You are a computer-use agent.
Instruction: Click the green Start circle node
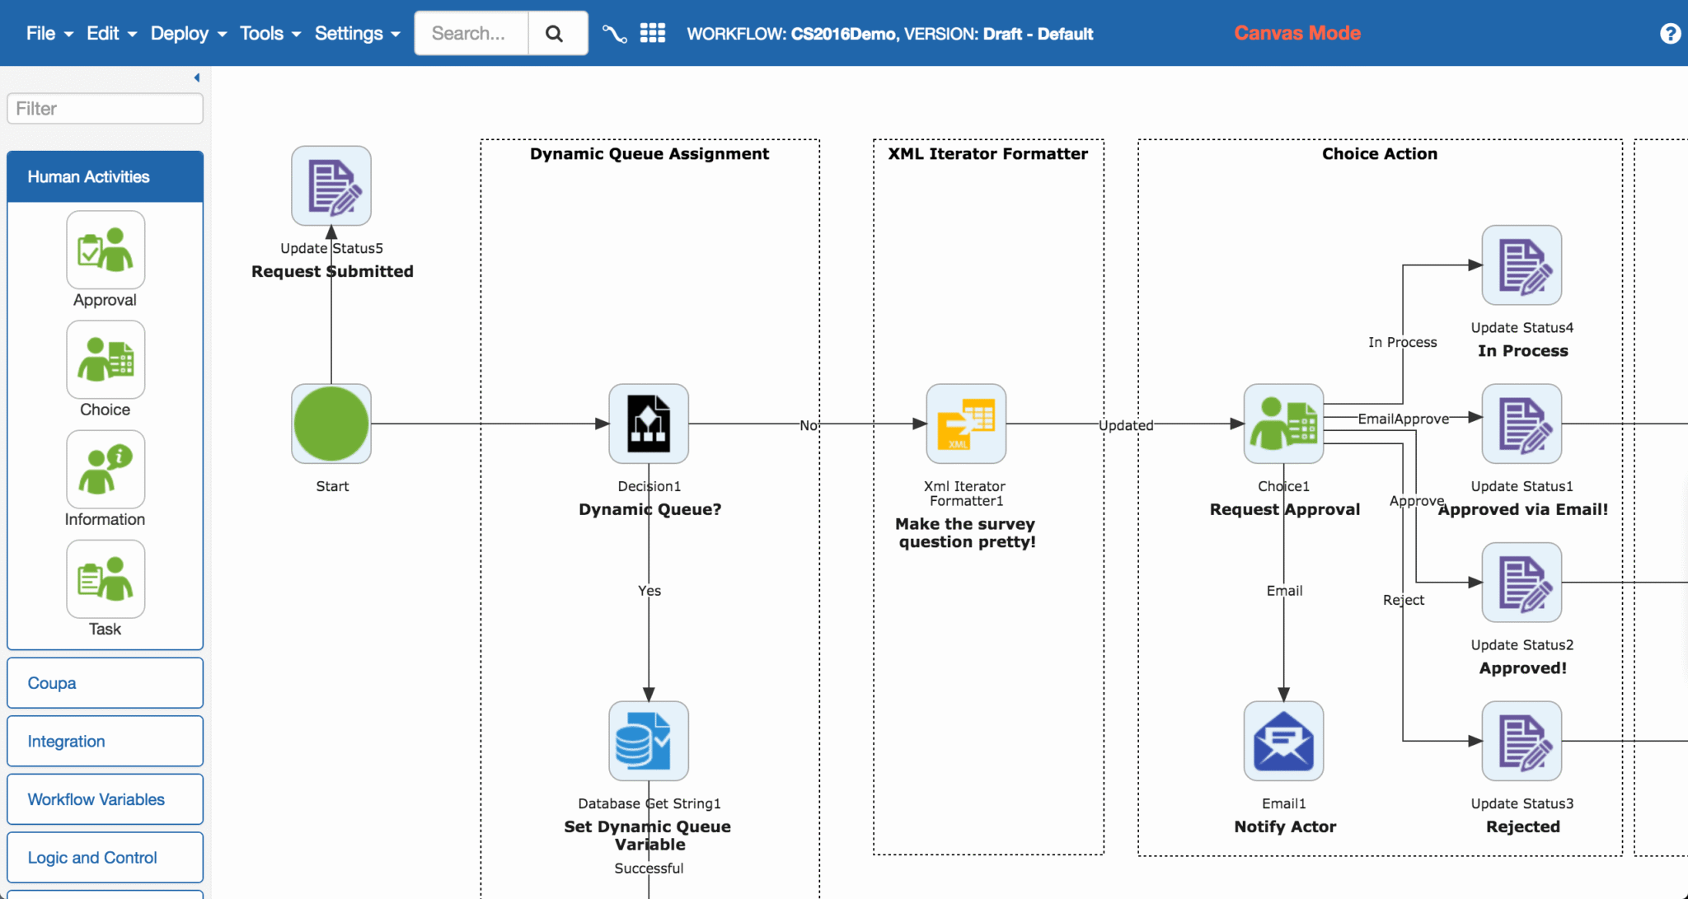click(331, 424)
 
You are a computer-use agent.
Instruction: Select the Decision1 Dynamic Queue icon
click(649, 424)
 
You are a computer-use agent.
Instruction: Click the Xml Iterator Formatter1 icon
click(966, 424)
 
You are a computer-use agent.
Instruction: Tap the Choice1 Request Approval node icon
click(1283, 424)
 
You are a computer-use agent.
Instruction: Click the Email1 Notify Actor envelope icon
click(1283, 741)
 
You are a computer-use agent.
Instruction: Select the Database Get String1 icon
click(649, 741)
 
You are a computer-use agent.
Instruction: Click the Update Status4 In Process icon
click(1522, 265)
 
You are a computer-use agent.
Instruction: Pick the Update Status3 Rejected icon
click(1522, 741)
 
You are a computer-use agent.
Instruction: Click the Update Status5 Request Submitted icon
click(331, 186)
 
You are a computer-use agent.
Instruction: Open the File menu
click(49, 34)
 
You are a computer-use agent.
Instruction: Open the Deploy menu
click(187, 34)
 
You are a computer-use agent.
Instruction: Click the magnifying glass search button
click(555, 34)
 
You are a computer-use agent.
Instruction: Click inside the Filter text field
click(105, 109)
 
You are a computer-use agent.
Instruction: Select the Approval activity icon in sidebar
click(105, 251)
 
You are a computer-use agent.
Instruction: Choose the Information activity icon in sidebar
click(105, 470)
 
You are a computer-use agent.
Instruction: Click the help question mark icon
click(1670, 34)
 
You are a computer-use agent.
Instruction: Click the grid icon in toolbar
click(653, 33)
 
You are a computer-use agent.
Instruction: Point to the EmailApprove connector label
click(1403, 419)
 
